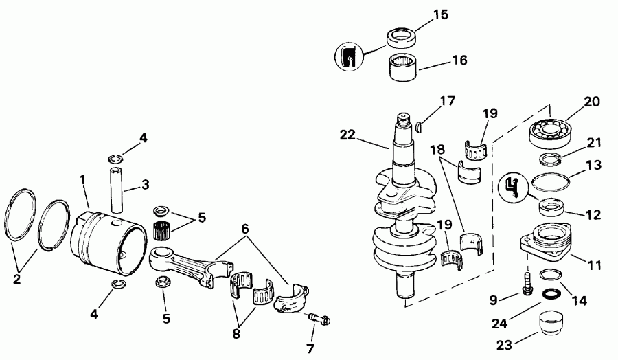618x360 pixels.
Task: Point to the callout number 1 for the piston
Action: coord(83,179)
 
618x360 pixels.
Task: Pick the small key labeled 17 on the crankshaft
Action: coord(421,124)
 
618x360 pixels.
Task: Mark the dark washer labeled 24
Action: coord(549,294)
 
